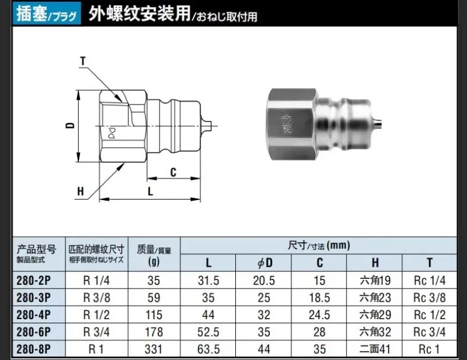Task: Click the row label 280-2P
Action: pyautogui.click(x=34, y=281)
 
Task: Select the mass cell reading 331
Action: pyautogui.click(x=154, y=349)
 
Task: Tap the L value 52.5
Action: pyautogui.click(x=208, y=332)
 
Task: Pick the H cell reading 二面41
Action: pyautogui.click(x=375, y=349)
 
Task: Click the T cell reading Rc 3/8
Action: pyautogui.click(x=430, y=298)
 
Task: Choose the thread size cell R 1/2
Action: pyautogui.click(x=96, y=314)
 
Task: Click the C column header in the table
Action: pyautogui.click(x=319, y=263)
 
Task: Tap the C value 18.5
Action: pyautogui.click(x=319, y=298)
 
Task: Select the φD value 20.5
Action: pyautogui.click(x=264, y=281)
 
